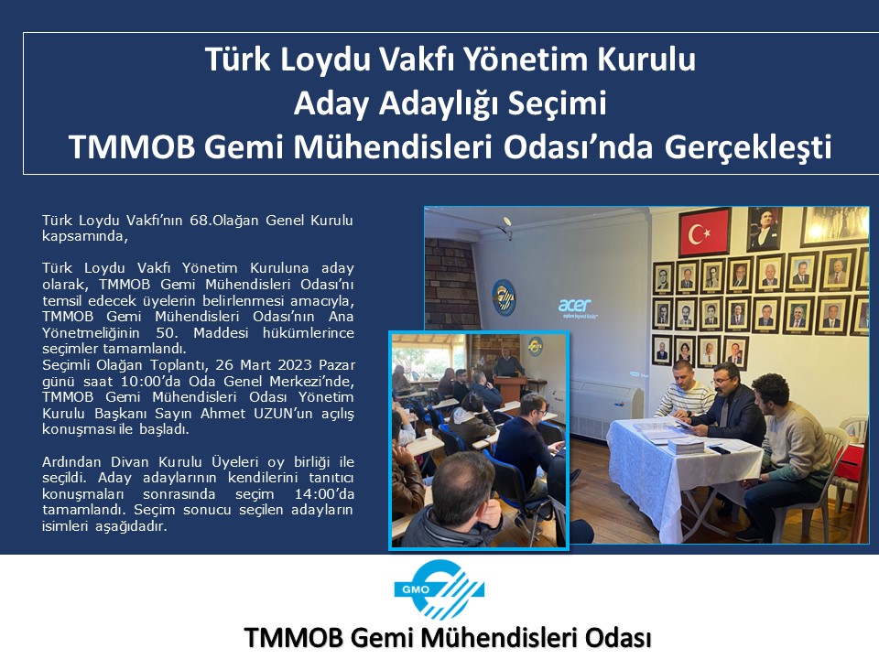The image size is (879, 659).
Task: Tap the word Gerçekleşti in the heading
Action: click(x=748, y=147)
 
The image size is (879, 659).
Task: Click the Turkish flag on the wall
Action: click(x=705, y=232)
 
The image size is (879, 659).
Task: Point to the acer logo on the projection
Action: click(x=575, y=306)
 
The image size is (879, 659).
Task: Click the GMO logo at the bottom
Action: click(x=439, y=589)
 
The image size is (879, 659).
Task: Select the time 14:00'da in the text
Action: click(x=324, y=494)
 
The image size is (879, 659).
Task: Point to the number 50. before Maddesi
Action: click(x=167, y=333)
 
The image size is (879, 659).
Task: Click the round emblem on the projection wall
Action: click(x=503, y=297)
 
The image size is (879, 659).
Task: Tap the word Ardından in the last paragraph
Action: click(x=73, y=462)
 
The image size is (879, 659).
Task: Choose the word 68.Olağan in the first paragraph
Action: click(x=224, y=221)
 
